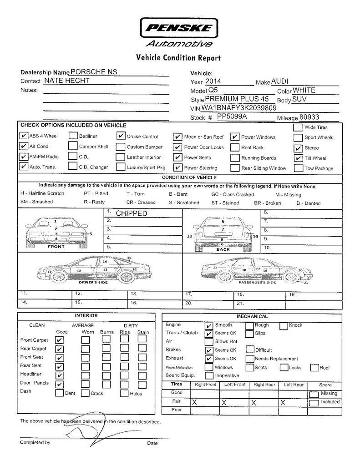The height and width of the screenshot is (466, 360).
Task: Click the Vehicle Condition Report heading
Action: [178, 58]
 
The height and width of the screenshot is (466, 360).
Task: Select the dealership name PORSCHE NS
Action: [94, 72]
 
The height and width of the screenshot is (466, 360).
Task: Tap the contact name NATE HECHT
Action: [66, 81]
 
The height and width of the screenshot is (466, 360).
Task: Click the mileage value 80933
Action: [309, 117]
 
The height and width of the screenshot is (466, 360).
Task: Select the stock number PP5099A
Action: [232, 117]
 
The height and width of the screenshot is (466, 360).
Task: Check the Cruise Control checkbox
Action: [121, 136]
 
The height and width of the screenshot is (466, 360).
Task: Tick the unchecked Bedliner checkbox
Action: [73, 136]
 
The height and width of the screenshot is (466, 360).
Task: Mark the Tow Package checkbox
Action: [298, 168]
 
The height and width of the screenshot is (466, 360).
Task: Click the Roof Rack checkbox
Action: [234, 147]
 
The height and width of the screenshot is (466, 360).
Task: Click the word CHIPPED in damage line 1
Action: [132, 213]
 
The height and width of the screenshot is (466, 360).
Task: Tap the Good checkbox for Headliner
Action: [60, 375]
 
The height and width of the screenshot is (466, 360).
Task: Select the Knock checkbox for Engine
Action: [284, 325]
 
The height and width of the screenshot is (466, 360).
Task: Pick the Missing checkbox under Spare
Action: [314, 394]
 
